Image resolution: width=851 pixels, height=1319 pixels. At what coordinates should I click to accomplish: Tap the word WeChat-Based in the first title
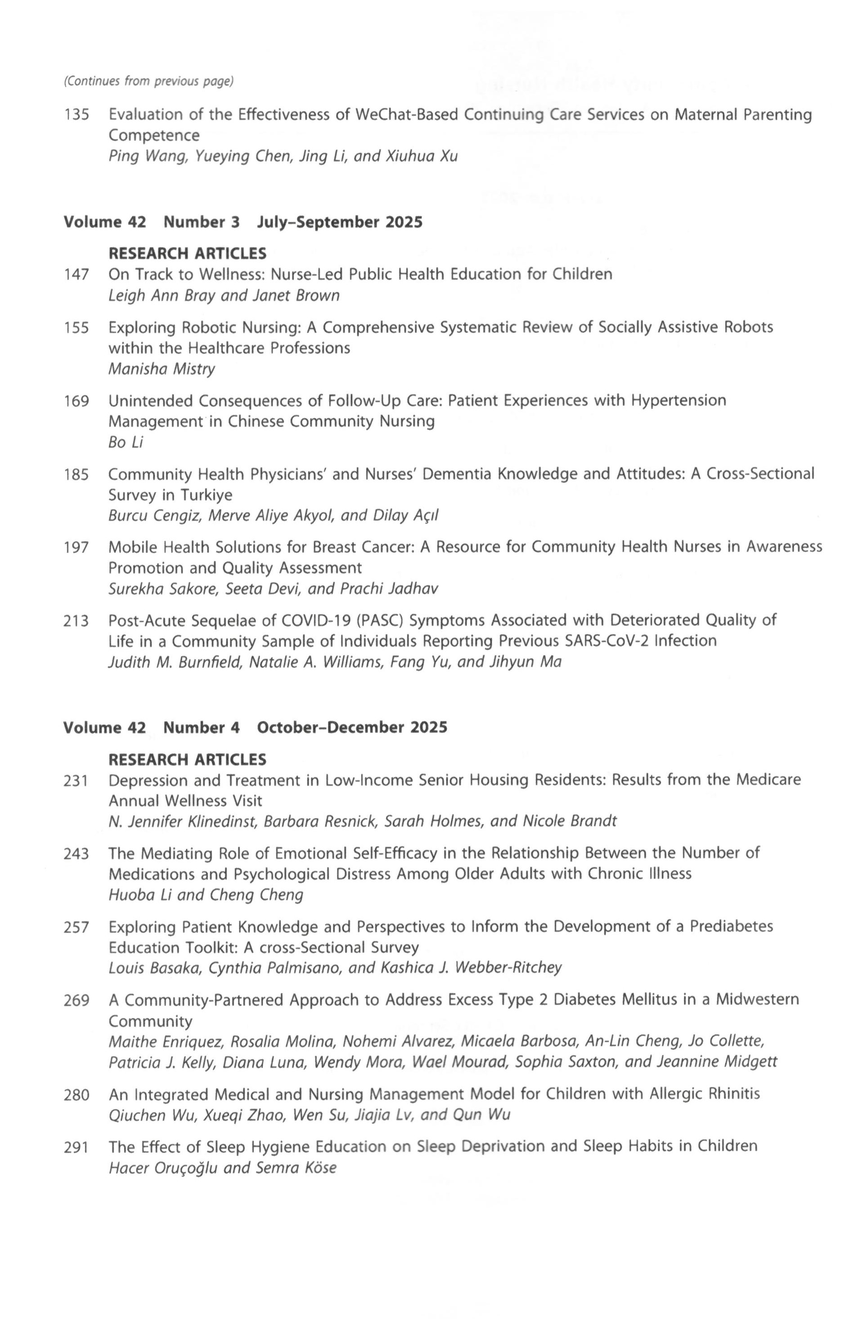coord(406,114)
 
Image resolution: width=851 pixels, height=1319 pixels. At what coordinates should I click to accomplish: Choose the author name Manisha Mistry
coord(162,369)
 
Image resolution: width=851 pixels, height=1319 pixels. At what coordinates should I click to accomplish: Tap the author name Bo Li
coord(126,442)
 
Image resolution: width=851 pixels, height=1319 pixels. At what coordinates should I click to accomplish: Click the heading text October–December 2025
coord(352,727)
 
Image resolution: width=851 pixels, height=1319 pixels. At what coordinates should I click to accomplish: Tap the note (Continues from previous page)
coord(149,81)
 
